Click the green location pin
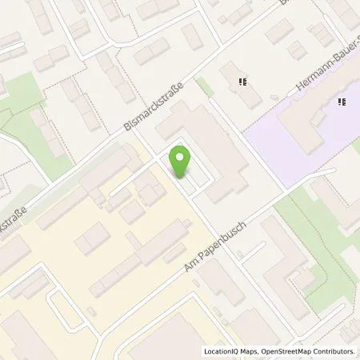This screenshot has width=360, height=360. coord(180,162)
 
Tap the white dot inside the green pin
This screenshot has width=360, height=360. coord(180,157)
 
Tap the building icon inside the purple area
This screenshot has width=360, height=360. coord(342,102)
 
